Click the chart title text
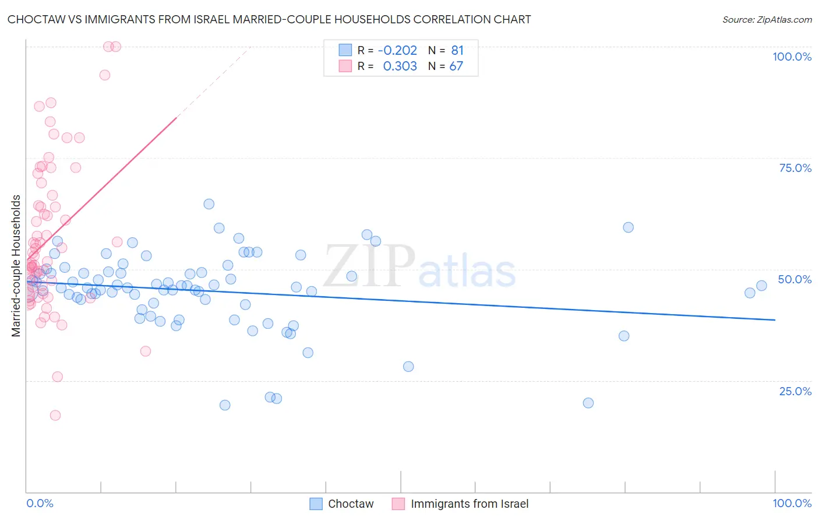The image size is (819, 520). click(269, 19)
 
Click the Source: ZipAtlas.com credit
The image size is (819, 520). click(767, 19)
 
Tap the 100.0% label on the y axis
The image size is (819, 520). click(792, 57)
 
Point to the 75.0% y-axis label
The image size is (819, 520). click(795, 168)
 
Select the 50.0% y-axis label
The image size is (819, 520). click(795, 279)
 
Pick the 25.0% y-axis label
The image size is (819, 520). click(795, 391)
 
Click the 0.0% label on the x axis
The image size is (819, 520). click(40, 503)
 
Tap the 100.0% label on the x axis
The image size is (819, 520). click(792, 503)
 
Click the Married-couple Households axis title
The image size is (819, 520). click(16, 266)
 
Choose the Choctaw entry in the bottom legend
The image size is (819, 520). click(350, 504)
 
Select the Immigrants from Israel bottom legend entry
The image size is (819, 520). click(469, 504)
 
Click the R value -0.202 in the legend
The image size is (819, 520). click(397, 51)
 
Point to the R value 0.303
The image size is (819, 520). click(400, 66)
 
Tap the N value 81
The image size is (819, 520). click(457, 51)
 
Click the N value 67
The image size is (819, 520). click(456, 66)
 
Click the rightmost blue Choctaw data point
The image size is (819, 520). click(761, 286)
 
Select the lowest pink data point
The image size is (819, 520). click(55, 415)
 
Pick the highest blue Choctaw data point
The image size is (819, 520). click(209, 204)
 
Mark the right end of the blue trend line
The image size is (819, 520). click(775, 319)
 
